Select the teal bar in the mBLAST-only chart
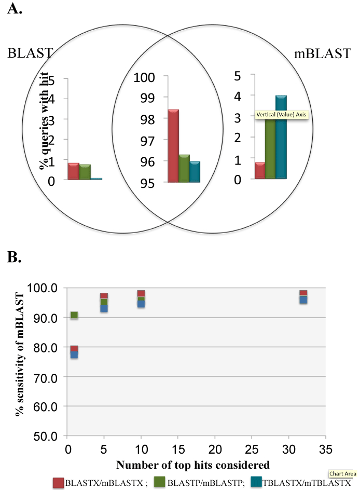point(281,138)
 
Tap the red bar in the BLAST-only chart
point(73,171)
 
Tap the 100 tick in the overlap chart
point(144,77)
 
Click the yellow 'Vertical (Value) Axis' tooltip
point(282,115)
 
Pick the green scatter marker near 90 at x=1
point(74,315)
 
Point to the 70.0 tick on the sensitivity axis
point(51,377)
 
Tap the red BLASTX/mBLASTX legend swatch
point(59,482)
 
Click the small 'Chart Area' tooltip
point(339,473)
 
